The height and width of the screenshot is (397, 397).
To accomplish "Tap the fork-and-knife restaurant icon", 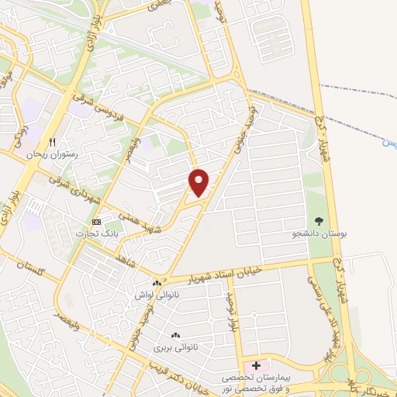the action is point(53,141).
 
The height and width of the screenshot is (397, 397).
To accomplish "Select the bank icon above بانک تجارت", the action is point(96,222).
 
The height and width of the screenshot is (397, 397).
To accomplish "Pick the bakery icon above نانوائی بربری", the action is point(176,336).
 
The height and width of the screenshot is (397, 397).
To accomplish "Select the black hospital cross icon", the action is point(257,365).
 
